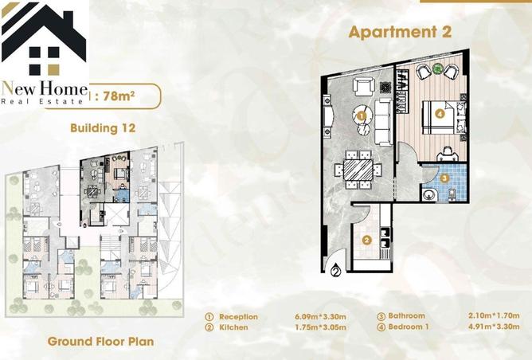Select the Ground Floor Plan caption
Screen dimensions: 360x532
tap(100, 342)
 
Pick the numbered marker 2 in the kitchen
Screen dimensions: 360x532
tap(366, 240)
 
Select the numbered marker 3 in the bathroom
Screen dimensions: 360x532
tap(445, 179)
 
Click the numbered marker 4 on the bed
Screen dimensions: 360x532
tap(440, 113)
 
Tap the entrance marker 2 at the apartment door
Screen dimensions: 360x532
tap(335, 271)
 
